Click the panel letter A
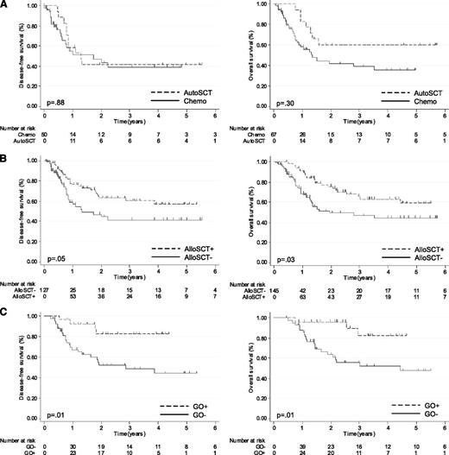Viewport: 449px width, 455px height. click(x=5, y=5)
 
